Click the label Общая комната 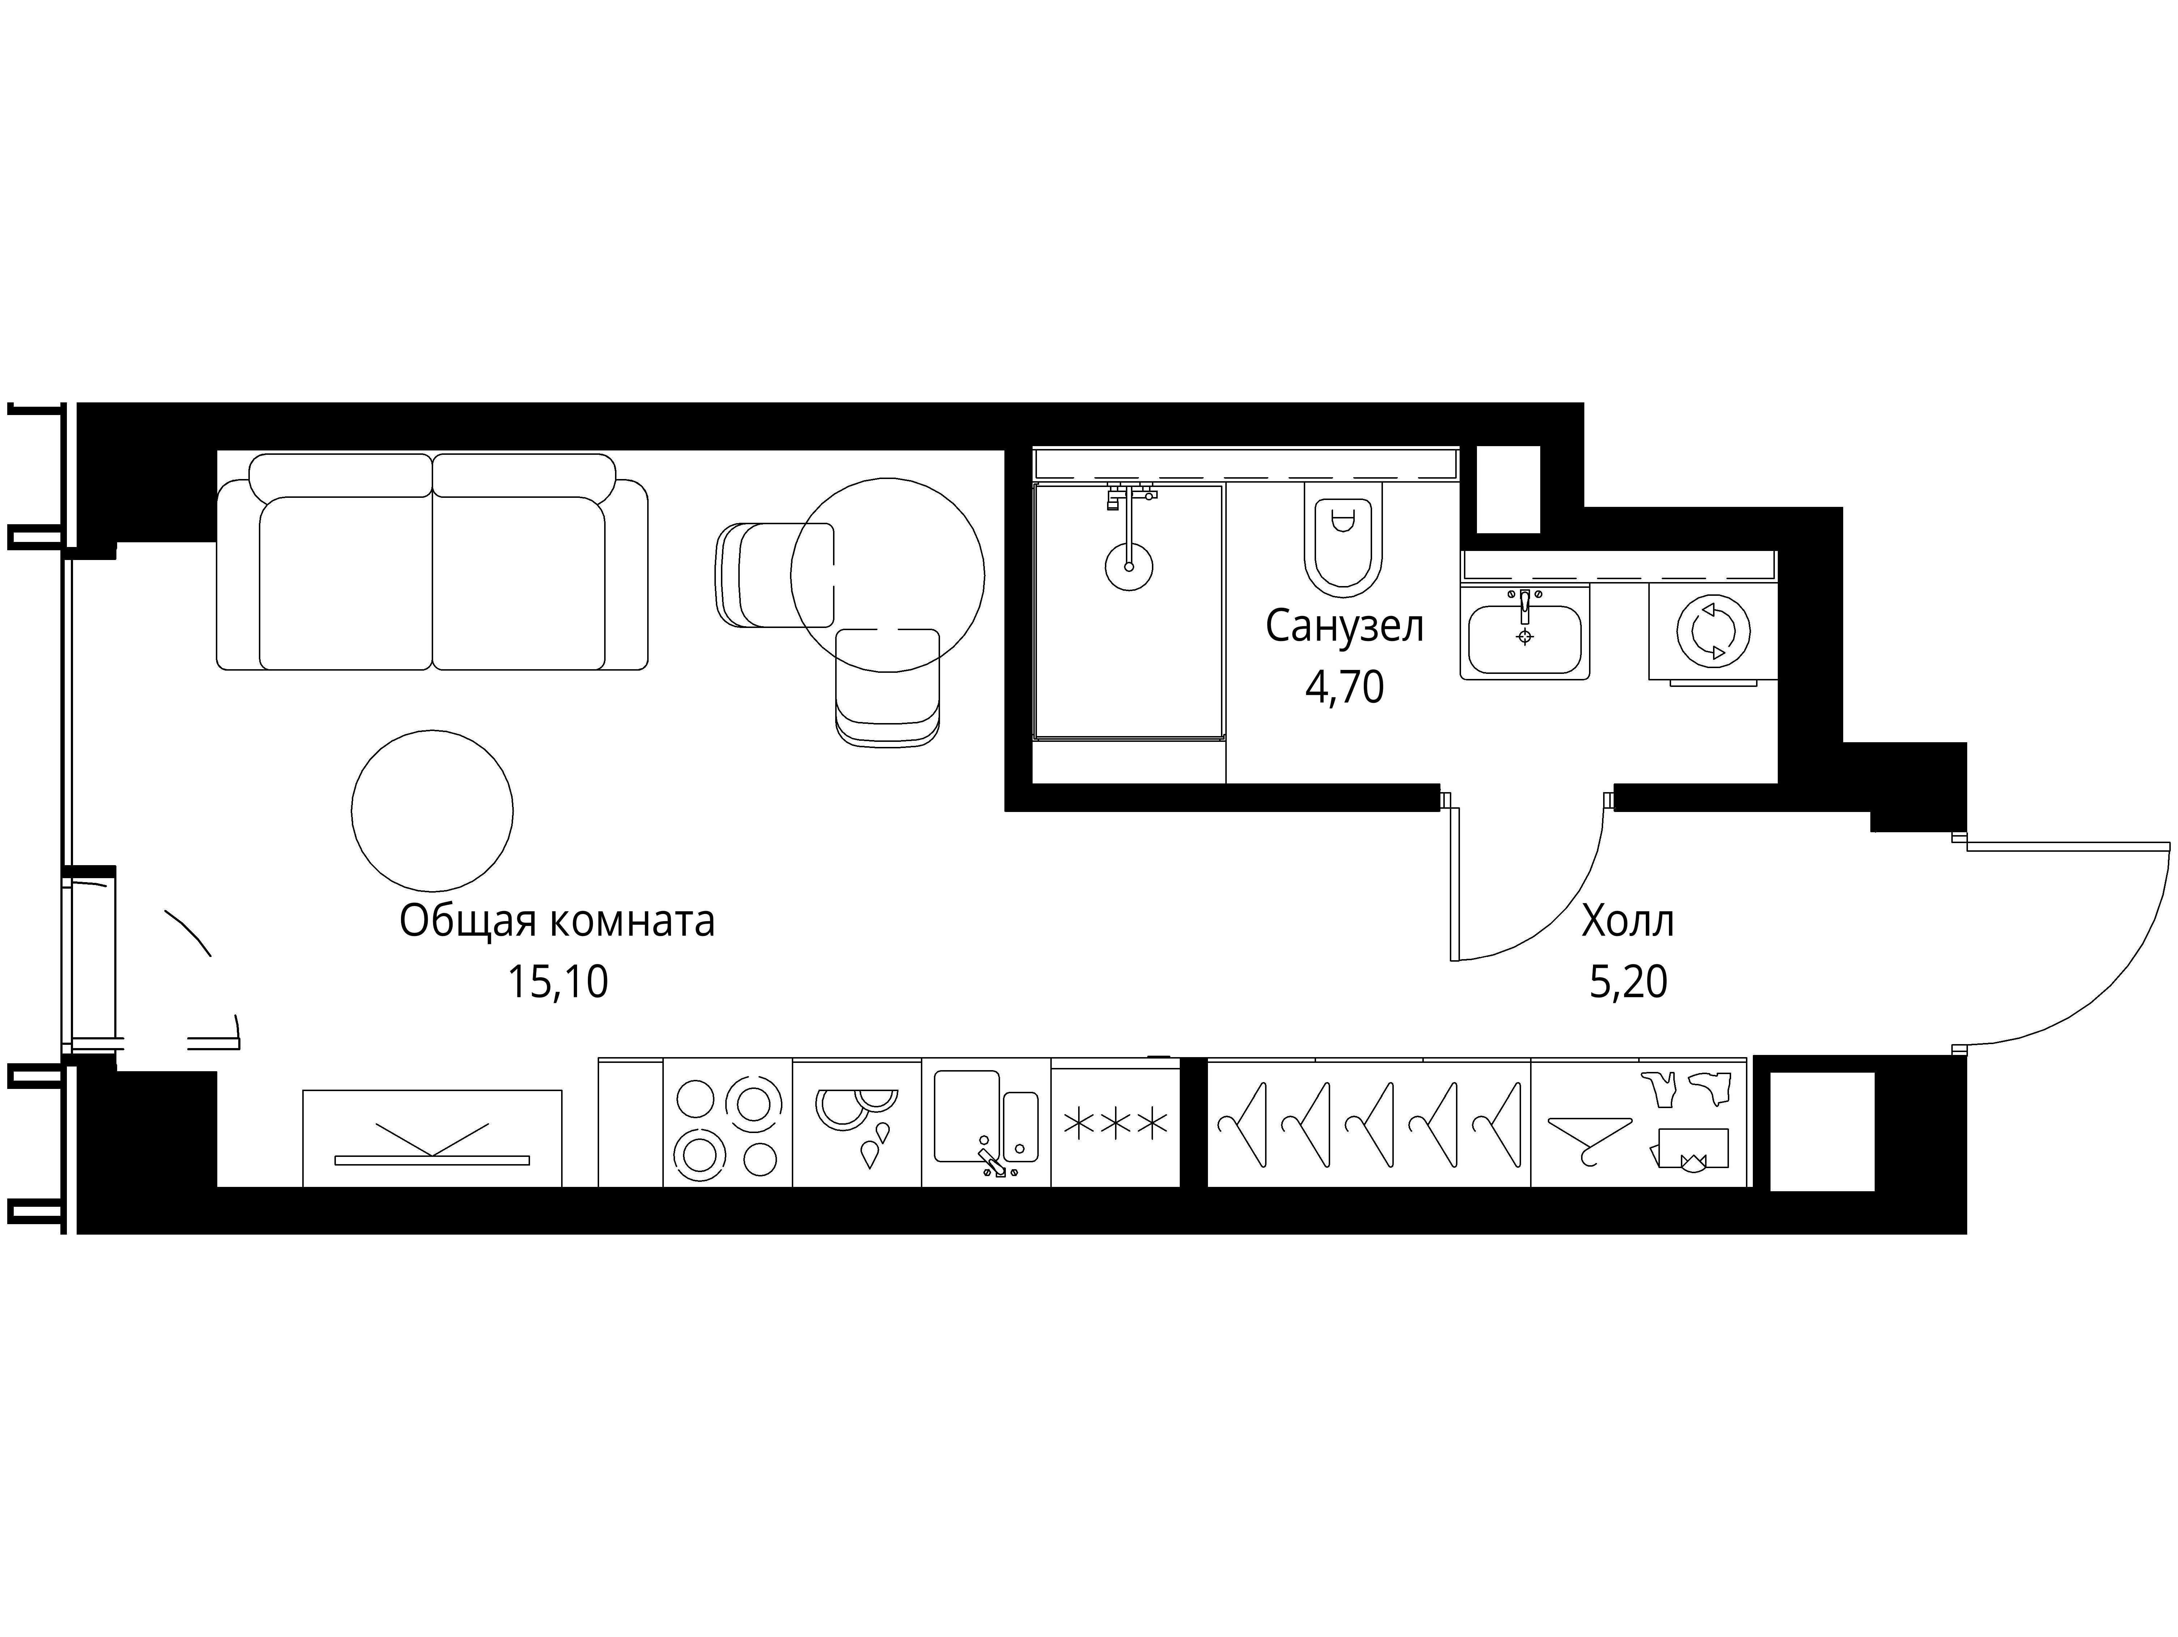[x=557, y=922]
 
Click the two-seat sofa [x=432, y=562]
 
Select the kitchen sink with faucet [x=986, y=1122]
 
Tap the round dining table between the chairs [x=887, y=575]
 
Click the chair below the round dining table [x=887, y=688]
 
